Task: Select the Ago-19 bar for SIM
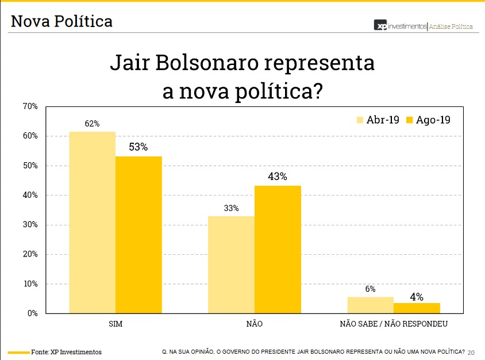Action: click(138, 235)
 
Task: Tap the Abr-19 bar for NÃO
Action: click(231, 265)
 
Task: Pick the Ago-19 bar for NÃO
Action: click(278, 250)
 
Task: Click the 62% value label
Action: click(92, 124)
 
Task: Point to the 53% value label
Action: click(138, 147)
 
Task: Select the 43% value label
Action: click(278, 177)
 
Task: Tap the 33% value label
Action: click(231, 208)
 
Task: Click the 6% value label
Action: click(370, 289)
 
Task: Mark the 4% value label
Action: click(417, 297)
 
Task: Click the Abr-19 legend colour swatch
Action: click(360, 120)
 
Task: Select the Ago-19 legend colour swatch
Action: click(410, 120)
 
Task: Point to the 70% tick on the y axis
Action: click(30, 106)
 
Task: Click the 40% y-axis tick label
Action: click(30, 195)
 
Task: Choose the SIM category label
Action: click(116, 324)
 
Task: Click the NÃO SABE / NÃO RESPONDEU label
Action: click(394, 324)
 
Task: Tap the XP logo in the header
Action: click(380, 26)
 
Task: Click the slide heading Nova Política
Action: click(61, 22)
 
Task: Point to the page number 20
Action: click(472, 352)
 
